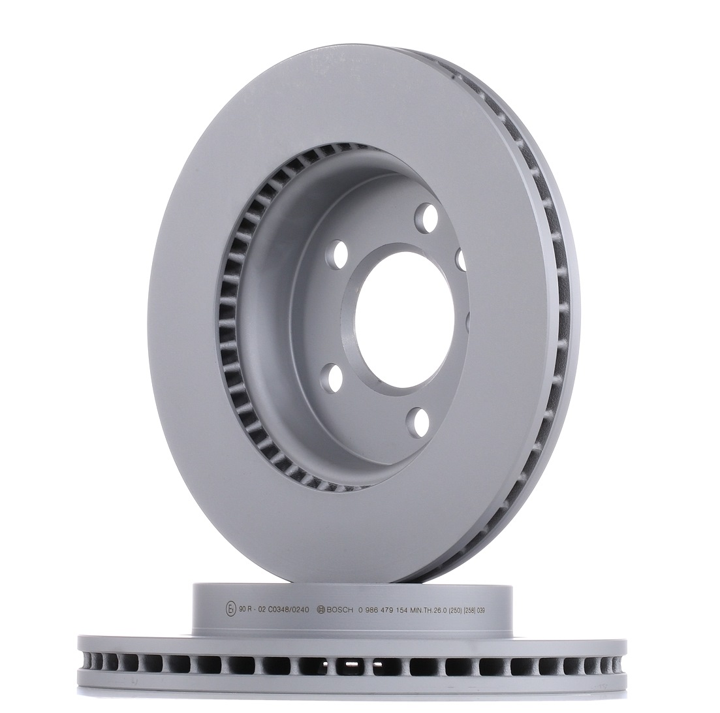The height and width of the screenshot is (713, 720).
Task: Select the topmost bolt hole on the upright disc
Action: (426, 218)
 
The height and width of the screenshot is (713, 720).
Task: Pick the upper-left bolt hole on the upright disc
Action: (338, 254)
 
